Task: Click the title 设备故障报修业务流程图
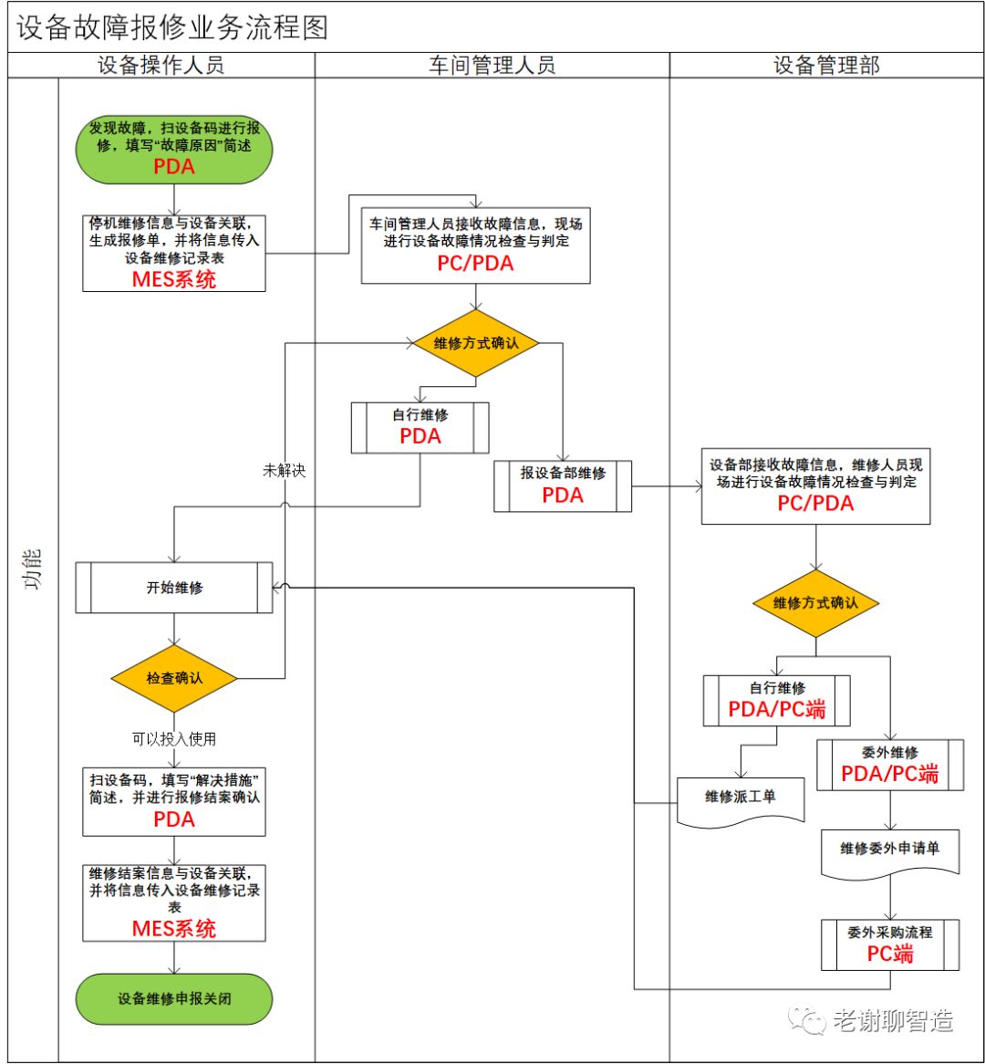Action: click(x=172, y=28)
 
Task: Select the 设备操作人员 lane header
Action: click(x=161, y=65)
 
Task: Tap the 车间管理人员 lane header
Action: click(x=492, y=65)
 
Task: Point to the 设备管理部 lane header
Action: click(x=826, y=65)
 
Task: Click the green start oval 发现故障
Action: click(x=173, y=148)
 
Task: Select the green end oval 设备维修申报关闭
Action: click(x=173, y=998)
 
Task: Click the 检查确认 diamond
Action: click(x=173, y=678)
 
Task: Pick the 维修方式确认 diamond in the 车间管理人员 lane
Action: click(x=475, y=344)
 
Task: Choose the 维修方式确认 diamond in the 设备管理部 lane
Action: click(x=815, y=603)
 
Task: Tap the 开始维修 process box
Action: click(x=173, y=588)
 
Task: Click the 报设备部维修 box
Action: click(x=563, y=485)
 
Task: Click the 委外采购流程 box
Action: click(x=890, y=944)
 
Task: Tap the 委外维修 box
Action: click(x=890, y=765)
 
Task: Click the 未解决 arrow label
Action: click(x=284, y=471)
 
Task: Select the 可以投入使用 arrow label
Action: click(x=173, y=738)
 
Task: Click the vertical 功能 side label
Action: click(x=33, y=569)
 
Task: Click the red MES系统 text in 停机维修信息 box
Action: click(x=174, y=279)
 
